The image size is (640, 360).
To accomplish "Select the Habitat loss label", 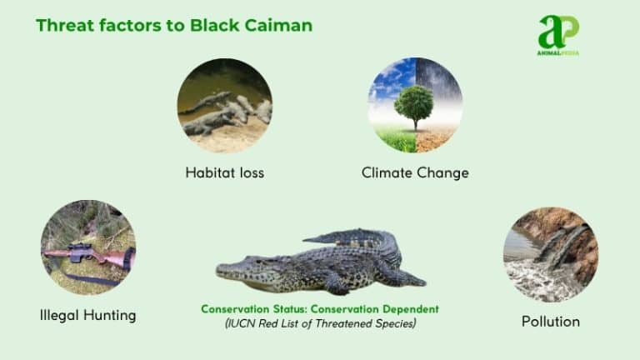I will (x=224, y=173).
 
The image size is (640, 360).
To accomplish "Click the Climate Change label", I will (x=415, y=173).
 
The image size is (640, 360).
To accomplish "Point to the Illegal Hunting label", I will (x=87, y=316).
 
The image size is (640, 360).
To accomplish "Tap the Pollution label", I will (x=550, y=321).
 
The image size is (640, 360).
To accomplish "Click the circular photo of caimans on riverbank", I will (x=224, y=105).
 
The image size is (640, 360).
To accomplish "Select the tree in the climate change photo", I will (x=413, y=103).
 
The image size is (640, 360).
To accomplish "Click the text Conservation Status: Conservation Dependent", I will (x=319, y=309).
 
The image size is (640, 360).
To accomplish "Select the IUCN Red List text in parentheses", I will (x=319, y=322).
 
